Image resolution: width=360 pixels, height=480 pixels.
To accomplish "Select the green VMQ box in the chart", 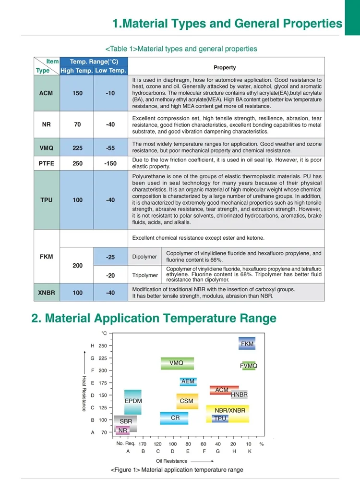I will (x=177, y=363).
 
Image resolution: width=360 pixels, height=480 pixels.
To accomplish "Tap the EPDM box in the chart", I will (x=133, y=401).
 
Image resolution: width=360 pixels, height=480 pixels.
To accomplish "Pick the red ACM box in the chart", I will (x=222, y=390).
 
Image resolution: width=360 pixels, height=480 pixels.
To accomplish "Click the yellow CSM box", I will (x=187, y=401).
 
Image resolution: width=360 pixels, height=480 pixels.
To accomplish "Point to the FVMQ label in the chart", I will (x=249, y=366).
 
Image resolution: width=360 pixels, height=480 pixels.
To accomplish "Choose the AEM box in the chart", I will (x=188, y=382).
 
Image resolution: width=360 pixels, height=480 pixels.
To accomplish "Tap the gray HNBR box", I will (x=239, y=394).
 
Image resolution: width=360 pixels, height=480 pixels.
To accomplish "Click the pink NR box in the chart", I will (x=123, y=430).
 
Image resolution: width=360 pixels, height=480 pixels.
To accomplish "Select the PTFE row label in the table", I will (x=46, y=163).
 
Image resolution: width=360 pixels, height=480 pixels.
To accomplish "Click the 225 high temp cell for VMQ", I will (x=77, y=148).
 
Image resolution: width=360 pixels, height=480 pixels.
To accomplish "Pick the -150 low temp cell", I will (x=110, y=163).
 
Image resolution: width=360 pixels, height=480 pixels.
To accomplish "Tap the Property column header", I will (x=225, y=68).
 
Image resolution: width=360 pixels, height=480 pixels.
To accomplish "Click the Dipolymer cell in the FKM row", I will (x=144, y=257).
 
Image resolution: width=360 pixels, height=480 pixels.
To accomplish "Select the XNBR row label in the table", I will (x=46, y=293).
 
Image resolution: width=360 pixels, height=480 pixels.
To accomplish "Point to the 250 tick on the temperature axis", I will (x=102, y=345).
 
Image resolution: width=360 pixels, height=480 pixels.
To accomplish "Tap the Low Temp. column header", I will (x=110, y=71).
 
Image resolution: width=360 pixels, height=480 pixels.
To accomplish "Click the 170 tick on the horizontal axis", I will (x=143, y=443).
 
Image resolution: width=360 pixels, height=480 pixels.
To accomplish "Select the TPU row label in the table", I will (x=46, y=200).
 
